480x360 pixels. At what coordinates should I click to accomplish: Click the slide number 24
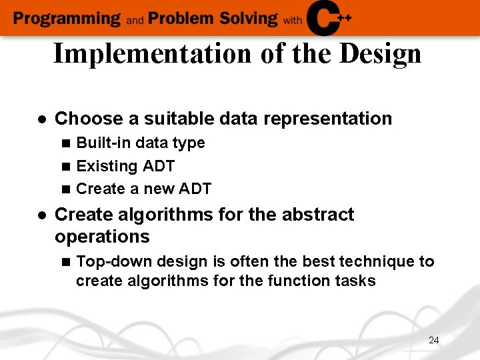click(x=433, y=340)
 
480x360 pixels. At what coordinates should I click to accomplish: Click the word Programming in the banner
click(x=67, y=18)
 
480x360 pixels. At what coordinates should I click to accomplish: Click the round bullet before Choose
click(x=41, y=119)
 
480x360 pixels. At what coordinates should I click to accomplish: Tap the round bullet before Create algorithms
click(x=41, y=215)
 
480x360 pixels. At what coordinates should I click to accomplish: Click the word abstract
click(x=313, y=215)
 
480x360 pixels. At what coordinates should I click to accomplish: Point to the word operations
click(x=102, y=237)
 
